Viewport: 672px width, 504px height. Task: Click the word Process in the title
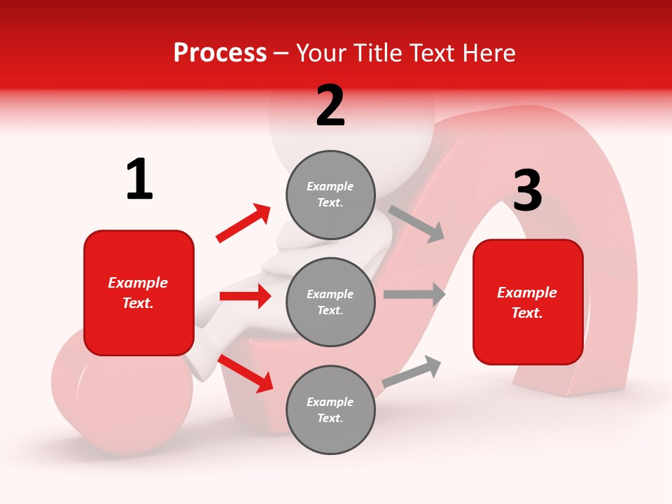(220, 53)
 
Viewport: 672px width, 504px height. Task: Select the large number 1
(139, 180)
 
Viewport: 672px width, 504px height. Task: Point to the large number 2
(330, 106)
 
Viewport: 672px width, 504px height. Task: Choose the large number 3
(527, 191)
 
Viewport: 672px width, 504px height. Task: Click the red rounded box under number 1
(139, 293)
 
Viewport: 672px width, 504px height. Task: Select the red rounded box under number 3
(528, 302)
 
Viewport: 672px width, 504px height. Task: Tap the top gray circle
(330, 195)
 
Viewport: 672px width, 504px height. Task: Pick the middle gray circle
(330, 302)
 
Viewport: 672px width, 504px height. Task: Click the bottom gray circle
(330, 409)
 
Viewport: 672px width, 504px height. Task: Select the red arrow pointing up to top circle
(243, 223)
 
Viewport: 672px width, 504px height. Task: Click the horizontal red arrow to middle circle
(245, 296)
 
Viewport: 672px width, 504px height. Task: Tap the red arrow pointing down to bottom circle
(246, 373)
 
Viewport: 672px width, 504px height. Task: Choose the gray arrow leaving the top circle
(416, 223)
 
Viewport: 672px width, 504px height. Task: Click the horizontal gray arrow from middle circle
(414, 295)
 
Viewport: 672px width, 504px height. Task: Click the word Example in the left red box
(138, 283)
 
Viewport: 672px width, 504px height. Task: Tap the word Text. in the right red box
(527, 313)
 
